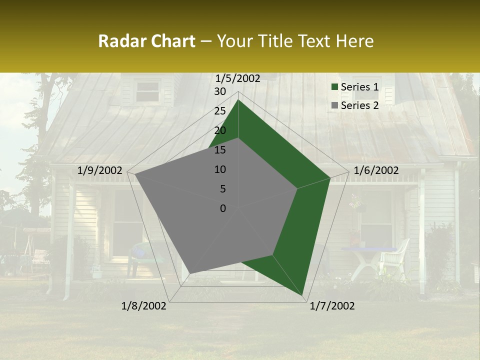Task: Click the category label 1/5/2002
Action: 238,78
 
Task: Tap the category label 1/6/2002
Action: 376,170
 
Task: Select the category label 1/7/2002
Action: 332,306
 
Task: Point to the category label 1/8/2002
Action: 144,306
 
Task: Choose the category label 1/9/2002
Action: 100,170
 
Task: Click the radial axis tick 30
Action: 220,91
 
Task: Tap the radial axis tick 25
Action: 220,111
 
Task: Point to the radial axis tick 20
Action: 220,130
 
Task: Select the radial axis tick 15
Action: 220,150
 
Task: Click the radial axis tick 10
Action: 220,169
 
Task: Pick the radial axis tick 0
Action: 223,208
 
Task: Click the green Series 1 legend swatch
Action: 335,87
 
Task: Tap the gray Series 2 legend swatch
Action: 335,105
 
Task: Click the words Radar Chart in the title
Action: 146,41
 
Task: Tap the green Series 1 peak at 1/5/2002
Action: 238,100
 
